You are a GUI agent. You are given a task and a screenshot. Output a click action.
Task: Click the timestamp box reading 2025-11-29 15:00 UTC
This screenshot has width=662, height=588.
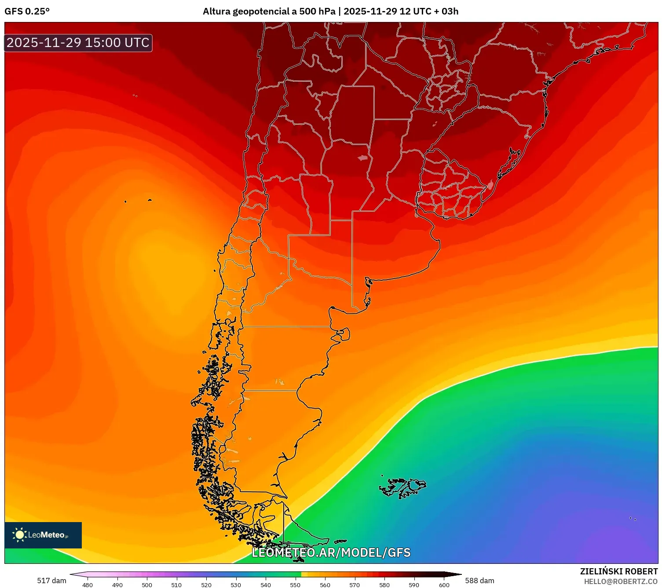(x=78, y=43)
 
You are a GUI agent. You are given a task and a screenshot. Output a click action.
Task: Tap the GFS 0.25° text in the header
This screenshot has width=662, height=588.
(x=27, y=11)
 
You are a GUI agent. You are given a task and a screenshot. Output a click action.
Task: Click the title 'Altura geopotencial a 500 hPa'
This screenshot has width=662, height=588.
(x=269, y=11)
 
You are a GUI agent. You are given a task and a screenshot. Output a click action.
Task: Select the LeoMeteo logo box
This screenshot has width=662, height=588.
(x=43, y=535)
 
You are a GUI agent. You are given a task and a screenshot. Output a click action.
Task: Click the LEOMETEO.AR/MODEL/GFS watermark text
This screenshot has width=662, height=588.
(x=331, y=552)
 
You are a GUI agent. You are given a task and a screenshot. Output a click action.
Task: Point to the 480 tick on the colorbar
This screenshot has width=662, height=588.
(x=88, y=585)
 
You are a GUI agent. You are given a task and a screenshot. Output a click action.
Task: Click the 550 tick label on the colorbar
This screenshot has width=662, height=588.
(x=295, y=585)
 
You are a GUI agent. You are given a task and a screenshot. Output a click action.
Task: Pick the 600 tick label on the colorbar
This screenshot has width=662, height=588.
(x=444, y=585)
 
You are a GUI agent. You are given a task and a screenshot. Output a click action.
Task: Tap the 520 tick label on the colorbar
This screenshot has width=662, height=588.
(x=206, y=585)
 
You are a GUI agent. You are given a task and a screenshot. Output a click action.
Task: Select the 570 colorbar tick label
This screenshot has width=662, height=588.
(x=355, y=585)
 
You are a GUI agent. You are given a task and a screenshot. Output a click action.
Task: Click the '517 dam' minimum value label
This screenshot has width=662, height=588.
(x=51, y=581)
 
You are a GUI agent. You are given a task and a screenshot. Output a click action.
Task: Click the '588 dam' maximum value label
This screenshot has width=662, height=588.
(x=479, y=581)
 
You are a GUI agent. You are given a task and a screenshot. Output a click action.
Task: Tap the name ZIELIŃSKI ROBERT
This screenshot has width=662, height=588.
(x=619, y=571)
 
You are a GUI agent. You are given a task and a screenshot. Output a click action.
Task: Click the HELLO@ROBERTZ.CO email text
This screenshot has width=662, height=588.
(x=621, y=581)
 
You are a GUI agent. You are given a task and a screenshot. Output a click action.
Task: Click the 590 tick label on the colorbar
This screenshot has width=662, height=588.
(x=414, y=585)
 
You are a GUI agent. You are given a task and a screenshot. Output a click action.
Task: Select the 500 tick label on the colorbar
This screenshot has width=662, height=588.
(x=147, y=585)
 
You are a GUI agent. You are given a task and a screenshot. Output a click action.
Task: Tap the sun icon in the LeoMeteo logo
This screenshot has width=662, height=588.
(x=19, y=534)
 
